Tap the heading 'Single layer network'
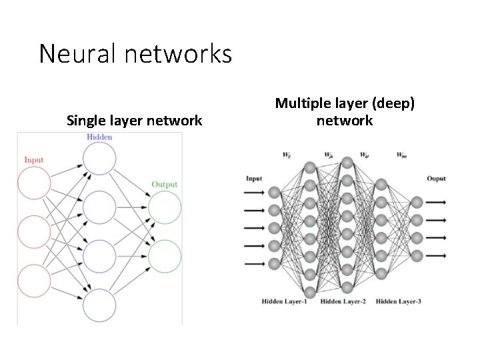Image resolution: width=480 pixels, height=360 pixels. point(135,121)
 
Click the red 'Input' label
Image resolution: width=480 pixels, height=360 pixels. point(34,160)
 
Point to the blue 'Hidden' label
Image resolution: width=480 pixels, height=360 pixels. point(99,137)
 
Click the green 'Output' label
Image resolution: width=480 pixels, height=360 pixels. point(165,185)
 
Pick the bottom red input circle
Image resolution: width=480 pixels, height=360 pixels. point(34,280)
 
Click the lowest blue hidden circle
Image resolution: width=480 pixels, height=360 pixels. point(100,305)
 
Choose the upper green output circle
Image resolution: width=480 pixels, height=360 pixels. point(165,208)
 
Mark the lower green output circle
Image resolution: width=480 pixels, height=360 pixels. point(165,257)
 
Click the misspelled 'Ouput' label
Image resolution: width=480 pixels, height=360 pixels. point(436,178)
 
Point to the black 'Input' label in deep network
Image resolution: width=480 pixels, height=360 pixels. point(254,178)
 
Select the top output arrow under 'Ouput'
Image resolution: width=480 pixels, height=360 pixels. point(436,201)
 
